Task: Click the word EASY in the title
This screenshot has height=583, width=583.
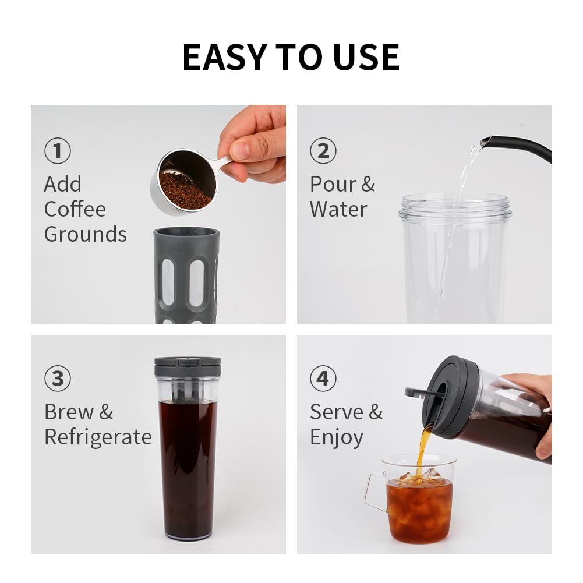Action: tap(225, 57)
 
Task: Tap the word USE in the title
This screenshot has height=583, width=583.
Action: tap(366, 57)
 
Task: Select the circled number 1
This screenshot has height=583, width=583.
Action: tap(58, 151)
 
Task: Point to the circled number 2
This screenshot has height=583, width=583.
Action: tap(323, 151)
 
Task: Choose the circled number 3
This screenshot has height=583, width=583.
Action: tap(58, 379)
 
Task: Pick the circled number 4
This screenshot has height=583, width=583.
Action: tap(323, 379)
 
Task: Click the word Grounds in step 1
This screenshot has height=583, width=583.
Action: tap(86, 235)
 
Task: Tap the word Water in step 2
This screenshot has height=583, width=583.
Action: tap(338, 209)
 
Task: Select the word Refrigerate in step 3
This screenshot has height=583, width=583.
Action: tap(98, 437)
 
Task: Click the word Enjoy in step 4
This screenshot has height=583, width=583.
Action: tap(337, 438)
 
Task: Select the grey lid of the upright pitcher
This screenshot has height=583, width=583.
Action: tap(188, 366)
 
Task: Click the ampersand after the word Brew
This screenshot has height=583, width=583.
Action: tap(106, 412)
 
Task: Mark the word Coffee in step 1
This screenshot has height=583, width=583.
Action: tap(75, 209)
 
